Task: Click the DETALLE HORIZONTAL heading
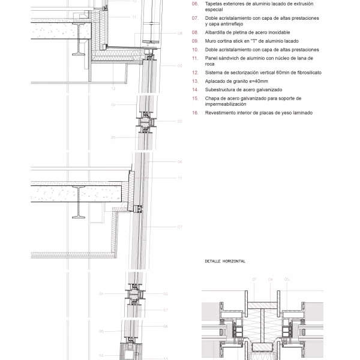(225, 262)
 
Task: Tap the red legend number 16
(195, 112)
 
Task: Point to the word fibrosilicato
(308, 72)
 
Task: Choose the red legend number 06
(195, 4)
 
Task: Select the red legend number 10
(195, 49)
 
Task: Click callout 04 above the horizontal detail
(271, 279)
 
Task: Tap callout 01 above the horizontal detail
(254, 279)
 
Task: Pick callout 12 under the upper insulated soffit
(113, 88)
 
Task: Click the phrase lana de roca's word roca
(209, 64)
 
